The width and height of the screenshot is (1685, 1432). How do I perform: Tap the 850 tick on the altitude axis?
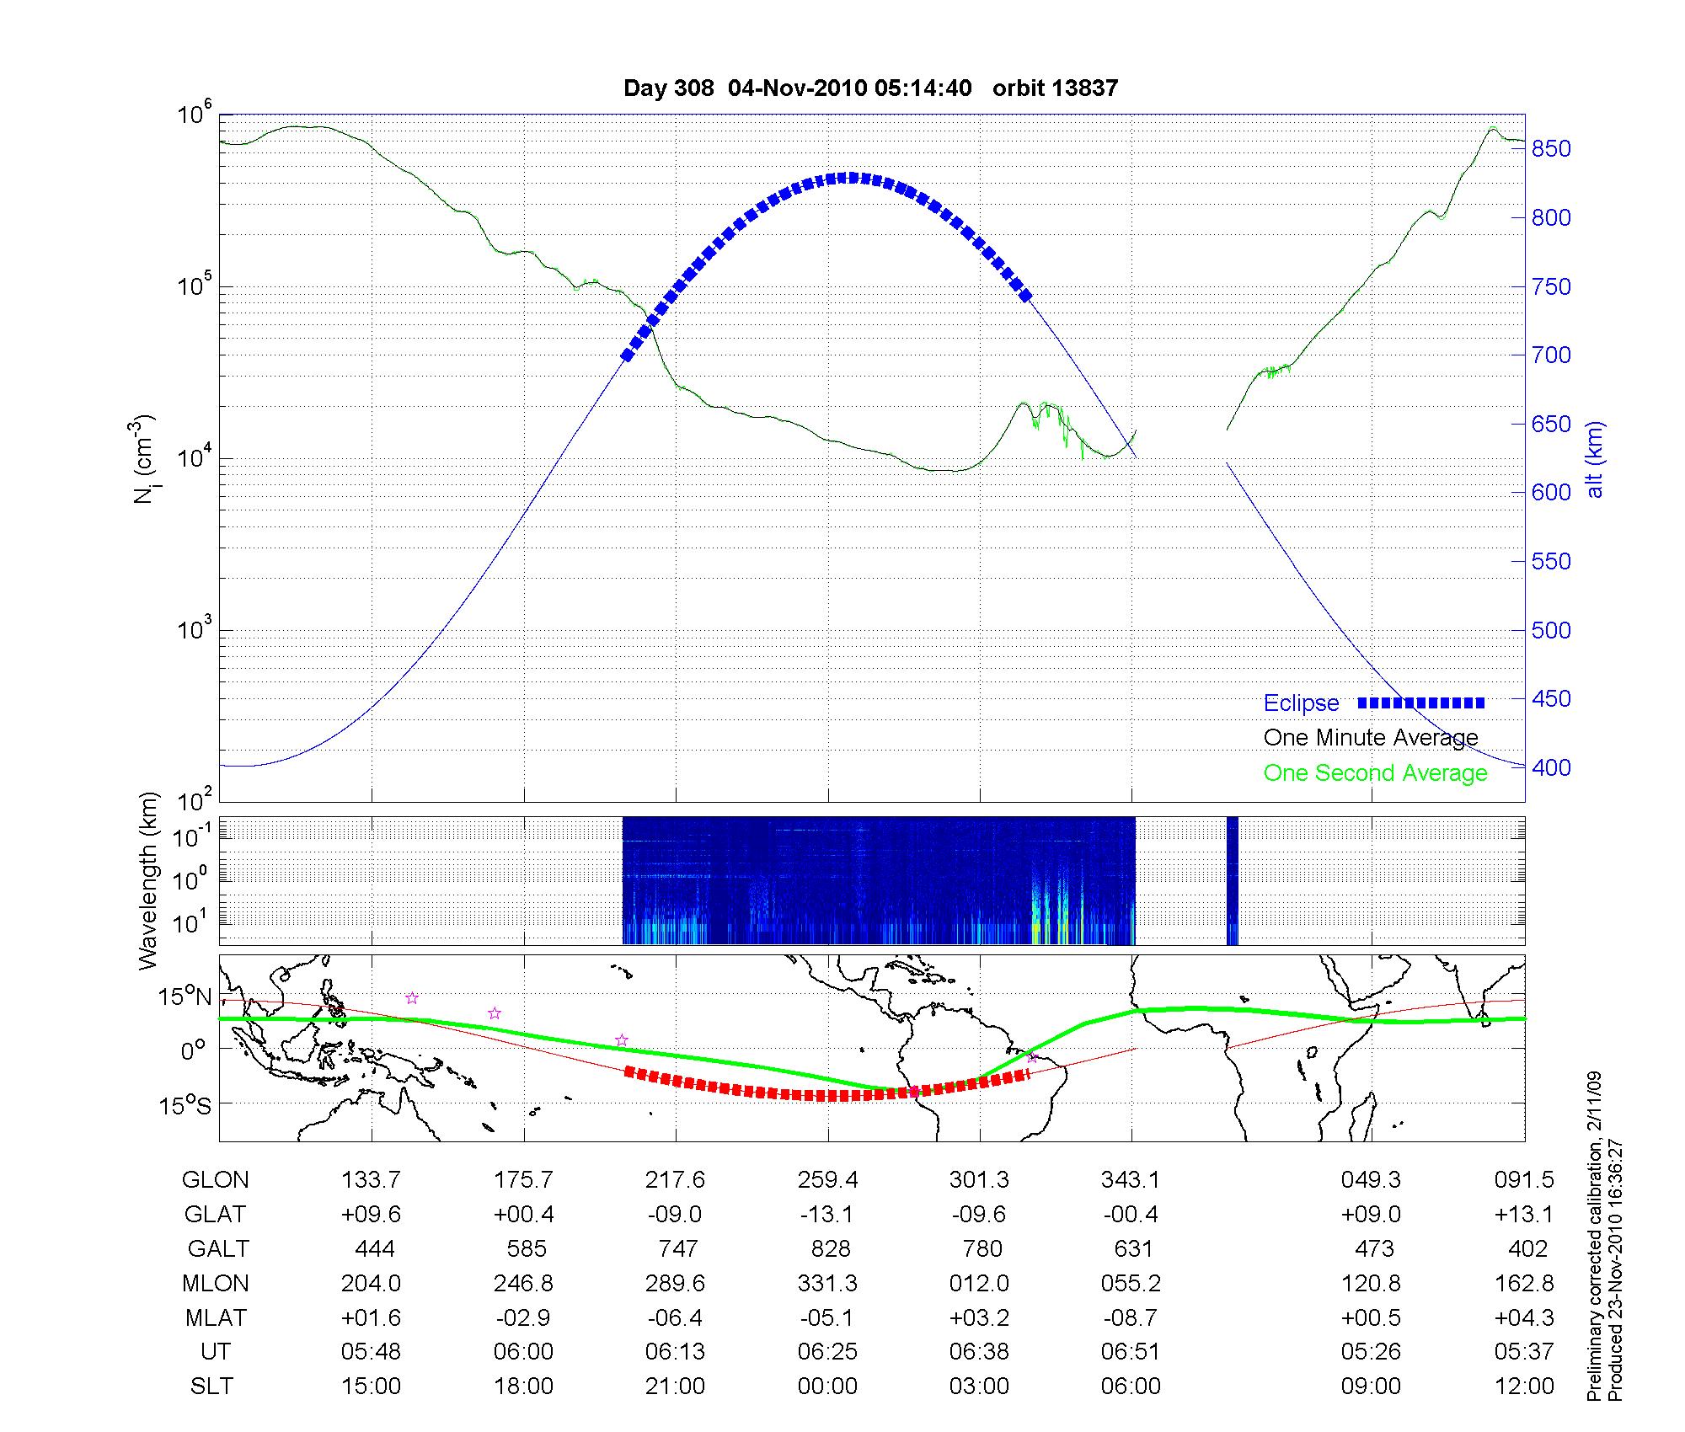[x=1551, y=149]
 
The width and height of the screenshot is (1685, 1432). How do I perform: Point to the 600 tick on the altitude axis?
[x=1551, y=493]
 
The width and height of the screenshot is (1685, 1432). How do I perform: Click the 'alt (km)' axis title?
[x=1594, y=459]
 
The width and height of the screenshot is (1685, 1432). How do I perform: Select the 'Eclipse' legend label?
[x=1301, y=703]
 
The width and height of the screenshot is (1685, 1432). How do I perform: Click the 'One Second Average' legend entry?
[x=1375, y=773]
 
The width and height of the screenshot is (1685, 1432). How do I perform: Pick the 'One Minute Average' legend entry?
[x=1371, y=738]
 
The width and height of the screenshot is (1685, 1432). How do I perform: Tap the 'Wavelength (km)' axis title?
[x=149, y=880]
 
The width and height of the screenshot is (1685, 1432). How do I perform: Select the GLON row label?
[x=215, y=1180]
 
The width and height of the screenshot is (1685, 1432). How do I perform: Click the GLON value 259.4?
[x=827, y=1180]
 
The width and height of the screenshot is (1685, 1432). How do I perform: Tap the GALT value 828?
[x=830, y=1248]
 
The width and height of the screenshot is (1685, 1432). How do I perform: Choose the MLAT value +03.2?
[x=979, y=1317]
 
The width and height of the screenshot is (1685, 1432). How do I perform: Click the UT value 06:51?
[x=1131, y=1352]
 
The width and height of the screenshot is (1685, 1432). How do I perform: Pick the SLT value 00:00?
[x=827, y=1387]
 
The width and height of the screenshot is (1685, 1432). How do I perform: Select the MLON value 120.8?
[x=1371, y=1283]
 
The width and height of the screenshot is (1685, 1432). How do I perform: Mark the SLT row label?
[x=211, y=1387]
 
